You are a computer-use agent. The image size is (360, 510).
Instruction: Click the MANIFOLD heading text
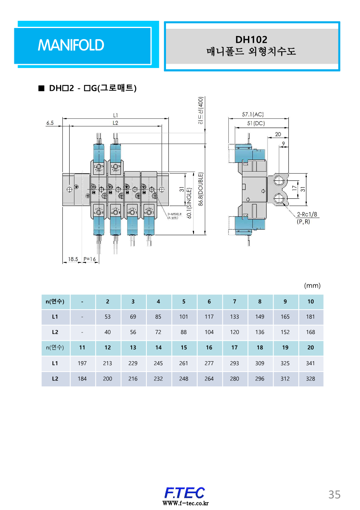tap(71, 45)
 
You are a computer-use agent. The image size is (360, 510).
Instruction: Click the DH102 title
tap(251, 39)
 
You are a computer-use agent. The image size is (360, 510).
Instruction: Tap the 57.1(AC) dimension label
tap(253, 114)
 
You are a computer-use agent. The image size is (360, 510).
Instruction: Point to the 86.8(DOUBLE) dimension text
tap(201, 189)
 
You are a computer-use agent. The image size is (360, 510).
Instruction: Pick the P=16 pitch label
tap(90, 259)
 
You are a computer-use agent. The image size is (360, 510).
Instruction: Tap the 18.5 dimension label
tap(72, 259)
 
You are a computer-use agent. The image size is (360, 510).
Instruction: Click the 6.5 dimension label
tap(50, 123)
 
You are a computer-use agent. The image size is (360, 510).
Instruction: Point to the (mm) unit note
tap(312, 286)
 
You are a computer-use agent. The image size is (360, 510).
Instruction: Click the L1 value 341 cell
tap(310, 363)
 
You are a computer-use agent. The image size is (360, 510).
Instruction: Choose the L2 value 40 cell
tap(108, 332)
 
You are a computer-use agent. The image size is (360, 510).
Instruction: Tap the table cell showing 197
tap(82, 363)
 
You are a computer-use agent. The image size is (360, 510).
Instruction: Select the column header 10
tap(310, 302)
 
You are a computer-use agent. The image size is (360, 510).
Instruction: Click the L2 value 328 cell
tap(310, 378)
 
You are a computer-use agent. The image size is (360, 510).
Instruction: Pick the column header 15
tap(184, 348)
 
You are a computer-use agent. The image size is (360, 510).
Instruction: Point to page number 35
tap(334, 494)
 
